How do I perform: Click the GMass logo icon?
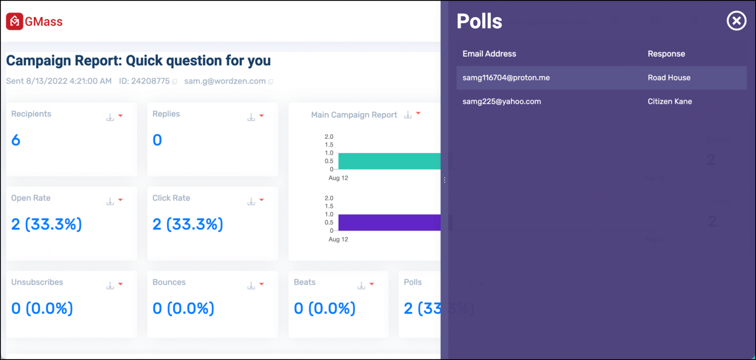pos(15,22)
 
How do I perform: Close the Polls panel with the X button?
pos(736,21)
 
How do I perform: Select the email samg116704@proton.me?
pos(506,78)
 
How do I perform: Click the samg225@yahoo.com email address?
pos(502,101)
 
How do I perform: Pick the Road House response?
pos(669,78)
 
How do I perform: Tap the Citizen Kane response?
pos(669,101)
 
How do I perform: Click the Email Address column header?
pos(489,54)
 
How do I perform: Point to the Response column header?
pos(666,54)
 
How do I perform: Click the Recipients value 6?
pos(16,140)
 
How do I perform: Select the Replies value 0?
pos(157,140)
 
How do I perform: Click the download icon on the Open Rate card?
pos(110,201)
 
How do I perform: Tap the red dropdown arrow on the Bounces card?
pos(262,284)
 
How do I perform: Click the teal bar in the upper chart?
pos(389,161)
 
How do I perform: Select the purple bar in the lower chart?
pos(389,223)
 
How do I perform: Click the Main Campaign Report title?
pos(354,115)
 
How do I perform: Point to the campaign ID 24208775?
pos(144,81)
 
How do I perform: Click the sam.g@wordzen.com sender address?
pos(225,81)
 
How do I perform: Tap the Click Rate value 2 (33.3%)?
pos(188,225)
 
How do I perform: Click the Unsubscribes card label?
pos(37,282)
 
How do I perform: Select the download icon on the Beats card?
pos(361,285)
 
